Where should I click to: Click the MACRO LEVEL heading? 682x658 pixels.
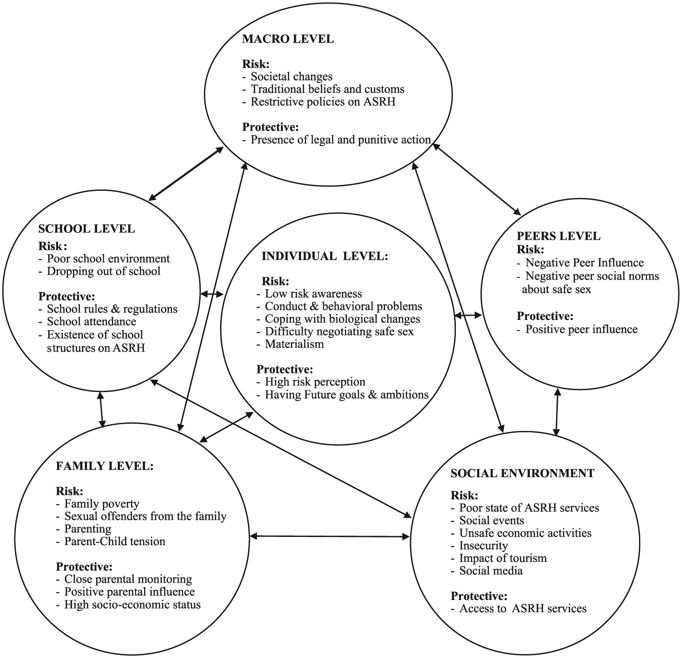(x=288, y=39)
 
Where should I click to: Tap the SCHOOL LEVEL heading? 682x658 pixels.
(x=87, y=228)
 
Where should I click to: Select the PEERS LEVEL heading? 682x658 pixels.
(x=558, y=236)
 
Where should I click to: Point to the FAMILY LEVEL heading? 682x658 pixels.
(x=105, y=466)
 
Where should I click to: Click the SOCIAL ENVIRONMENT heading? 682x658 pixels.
(x=522, y=473)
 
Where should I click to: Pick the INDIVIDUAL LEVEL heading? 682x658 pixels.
(x=325, y=256)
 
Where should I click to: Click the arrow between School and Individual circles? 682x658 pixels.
(x=212, y=295)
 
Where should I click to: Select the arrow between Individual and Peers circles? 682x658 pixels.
(x=468, y=315)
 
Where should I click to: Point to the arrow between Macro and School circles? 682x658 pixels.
(x=186, y=174)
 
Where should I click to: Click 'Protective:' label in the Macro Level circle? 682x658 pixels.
(x=271, y=127)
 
